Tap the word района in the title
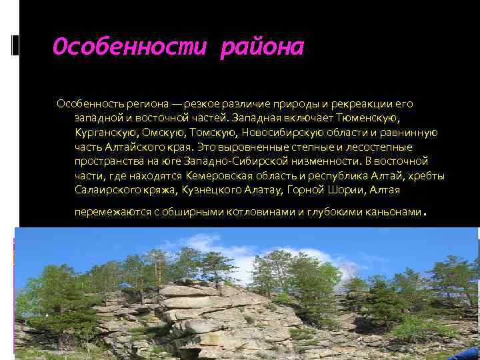[263, 47]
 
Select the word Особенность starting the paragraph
[87, 104]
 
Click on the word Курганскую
[106, 133]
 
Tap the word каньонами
[389, 212]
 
